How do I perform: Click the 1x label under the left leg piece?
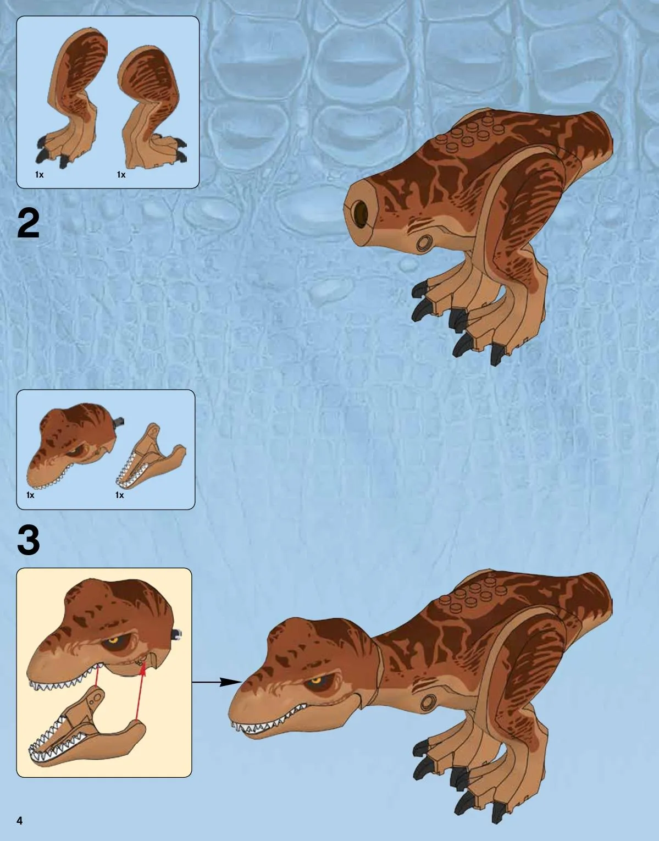tap(39, 175)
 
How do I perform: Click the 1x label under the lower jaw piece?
tap(120, 495)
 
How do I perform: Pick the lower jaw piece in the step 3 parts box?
tap(151, 457)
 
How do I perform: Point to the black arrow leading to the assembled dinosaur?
tap(217, 682)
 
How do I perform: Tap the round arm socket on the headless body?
tap(424, 243)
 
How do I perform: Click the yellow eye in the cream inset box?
tap(113, 640)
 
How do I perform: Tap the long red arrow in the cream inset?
tap(140, 691)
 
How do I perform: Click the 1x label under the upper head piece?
tap(31, 495)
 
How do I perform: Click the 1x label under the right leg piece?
tap(121, 175)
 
